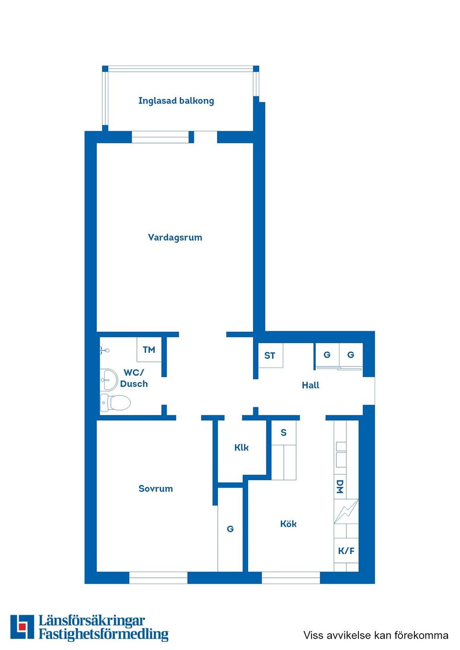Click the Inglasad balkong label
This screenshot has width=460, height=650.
(176, 101)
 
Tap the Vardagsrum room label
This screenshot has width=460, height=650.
(175, 237)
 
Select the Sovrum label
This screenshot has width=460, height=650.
(155, 489)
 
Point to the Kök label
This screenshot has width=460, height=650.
(288, 524)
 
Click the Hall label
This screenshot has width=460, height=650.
(310, 385)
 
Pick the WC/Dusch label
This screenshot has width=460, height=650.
(134, 378)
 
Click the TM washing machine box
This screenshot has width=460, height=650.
(149, 350)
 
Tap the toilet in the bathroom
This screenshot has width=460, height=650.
(116, 403)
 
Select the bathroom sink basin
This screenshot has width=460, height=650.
(109, 380)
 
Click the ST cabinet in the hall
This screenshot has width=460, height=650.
(270, 356)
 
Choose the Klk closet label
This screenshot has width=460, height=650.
(241, 448)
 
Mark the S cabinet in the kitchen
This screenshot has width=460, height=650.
(284, 433)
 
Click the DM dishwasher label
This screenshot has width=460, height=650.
(340, 486)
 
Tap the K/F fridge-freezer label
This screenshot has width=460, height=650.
(346, 551)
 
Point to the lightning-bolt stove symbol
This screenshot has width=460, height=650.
(346, 511)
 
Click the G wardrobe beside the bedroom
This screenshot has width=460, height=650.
(230, 529)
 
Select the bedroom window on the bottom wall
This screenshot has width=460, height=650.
(158, 578)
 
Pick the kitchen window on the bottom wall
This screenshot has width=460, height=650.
(291, 578)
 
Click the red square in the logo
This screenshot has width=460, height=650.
(22, 627)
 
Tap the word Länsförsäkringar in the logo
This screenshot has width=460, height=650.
(92, 621)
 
